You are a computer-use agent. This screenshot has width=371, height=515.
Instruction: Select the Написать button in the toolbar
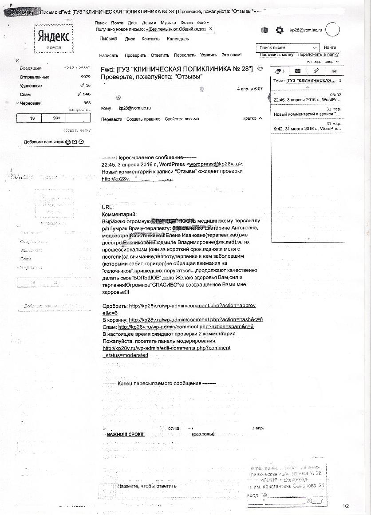click(x=109, y=55)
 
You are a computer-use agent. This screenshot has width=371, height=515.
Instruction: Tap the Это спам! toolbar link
click(x=232, y=55)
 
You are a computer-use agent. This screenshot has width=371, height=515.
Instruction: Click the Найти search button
click(x=330, y=47)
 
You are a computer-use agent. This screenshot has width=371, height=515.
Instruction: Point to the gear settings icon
click(x=280, y=30)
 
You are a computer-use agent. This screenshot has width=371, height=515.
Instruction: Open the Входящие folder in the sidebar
click(x=31, y=68)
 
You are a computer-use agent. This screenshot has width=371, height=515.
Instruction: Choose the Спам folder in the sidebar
click(x=25, y=94)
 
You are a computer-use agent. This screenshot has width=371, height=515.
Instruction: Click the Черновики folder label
click(x=31, y=103)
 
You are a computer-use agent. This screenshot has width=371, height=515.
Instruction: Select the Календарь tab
click(x=178, y=39)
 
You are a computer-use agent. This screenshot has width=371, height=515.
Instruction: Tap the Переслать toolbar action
click(x=185, y=55)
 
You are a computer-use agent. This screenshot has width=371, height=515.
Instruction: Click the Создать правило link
click(x=143, y=119)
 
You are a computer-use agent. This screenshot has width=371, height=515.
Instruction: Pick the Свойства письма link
click(x=182, y=119)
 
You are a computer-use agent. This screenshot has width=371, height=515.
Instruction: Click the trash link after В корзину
click(x=196, y=319)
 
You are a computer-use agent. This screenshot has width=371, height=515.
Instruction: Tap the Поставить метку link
click(x=276, y=55)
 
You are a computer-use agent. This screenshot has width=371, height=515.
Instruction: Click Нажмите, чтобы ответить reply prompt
click(x=147, y=486)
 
